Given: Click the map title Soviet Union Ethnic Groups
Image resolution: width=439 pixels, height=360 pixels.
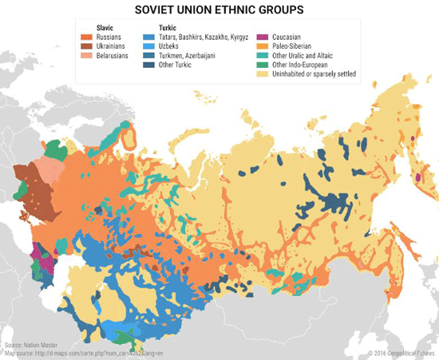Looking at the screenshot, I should tap(219, 11).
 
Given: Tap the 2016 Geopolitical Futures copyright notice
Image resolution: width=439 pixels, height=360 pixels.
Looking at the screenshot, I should tap(404, 352).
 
